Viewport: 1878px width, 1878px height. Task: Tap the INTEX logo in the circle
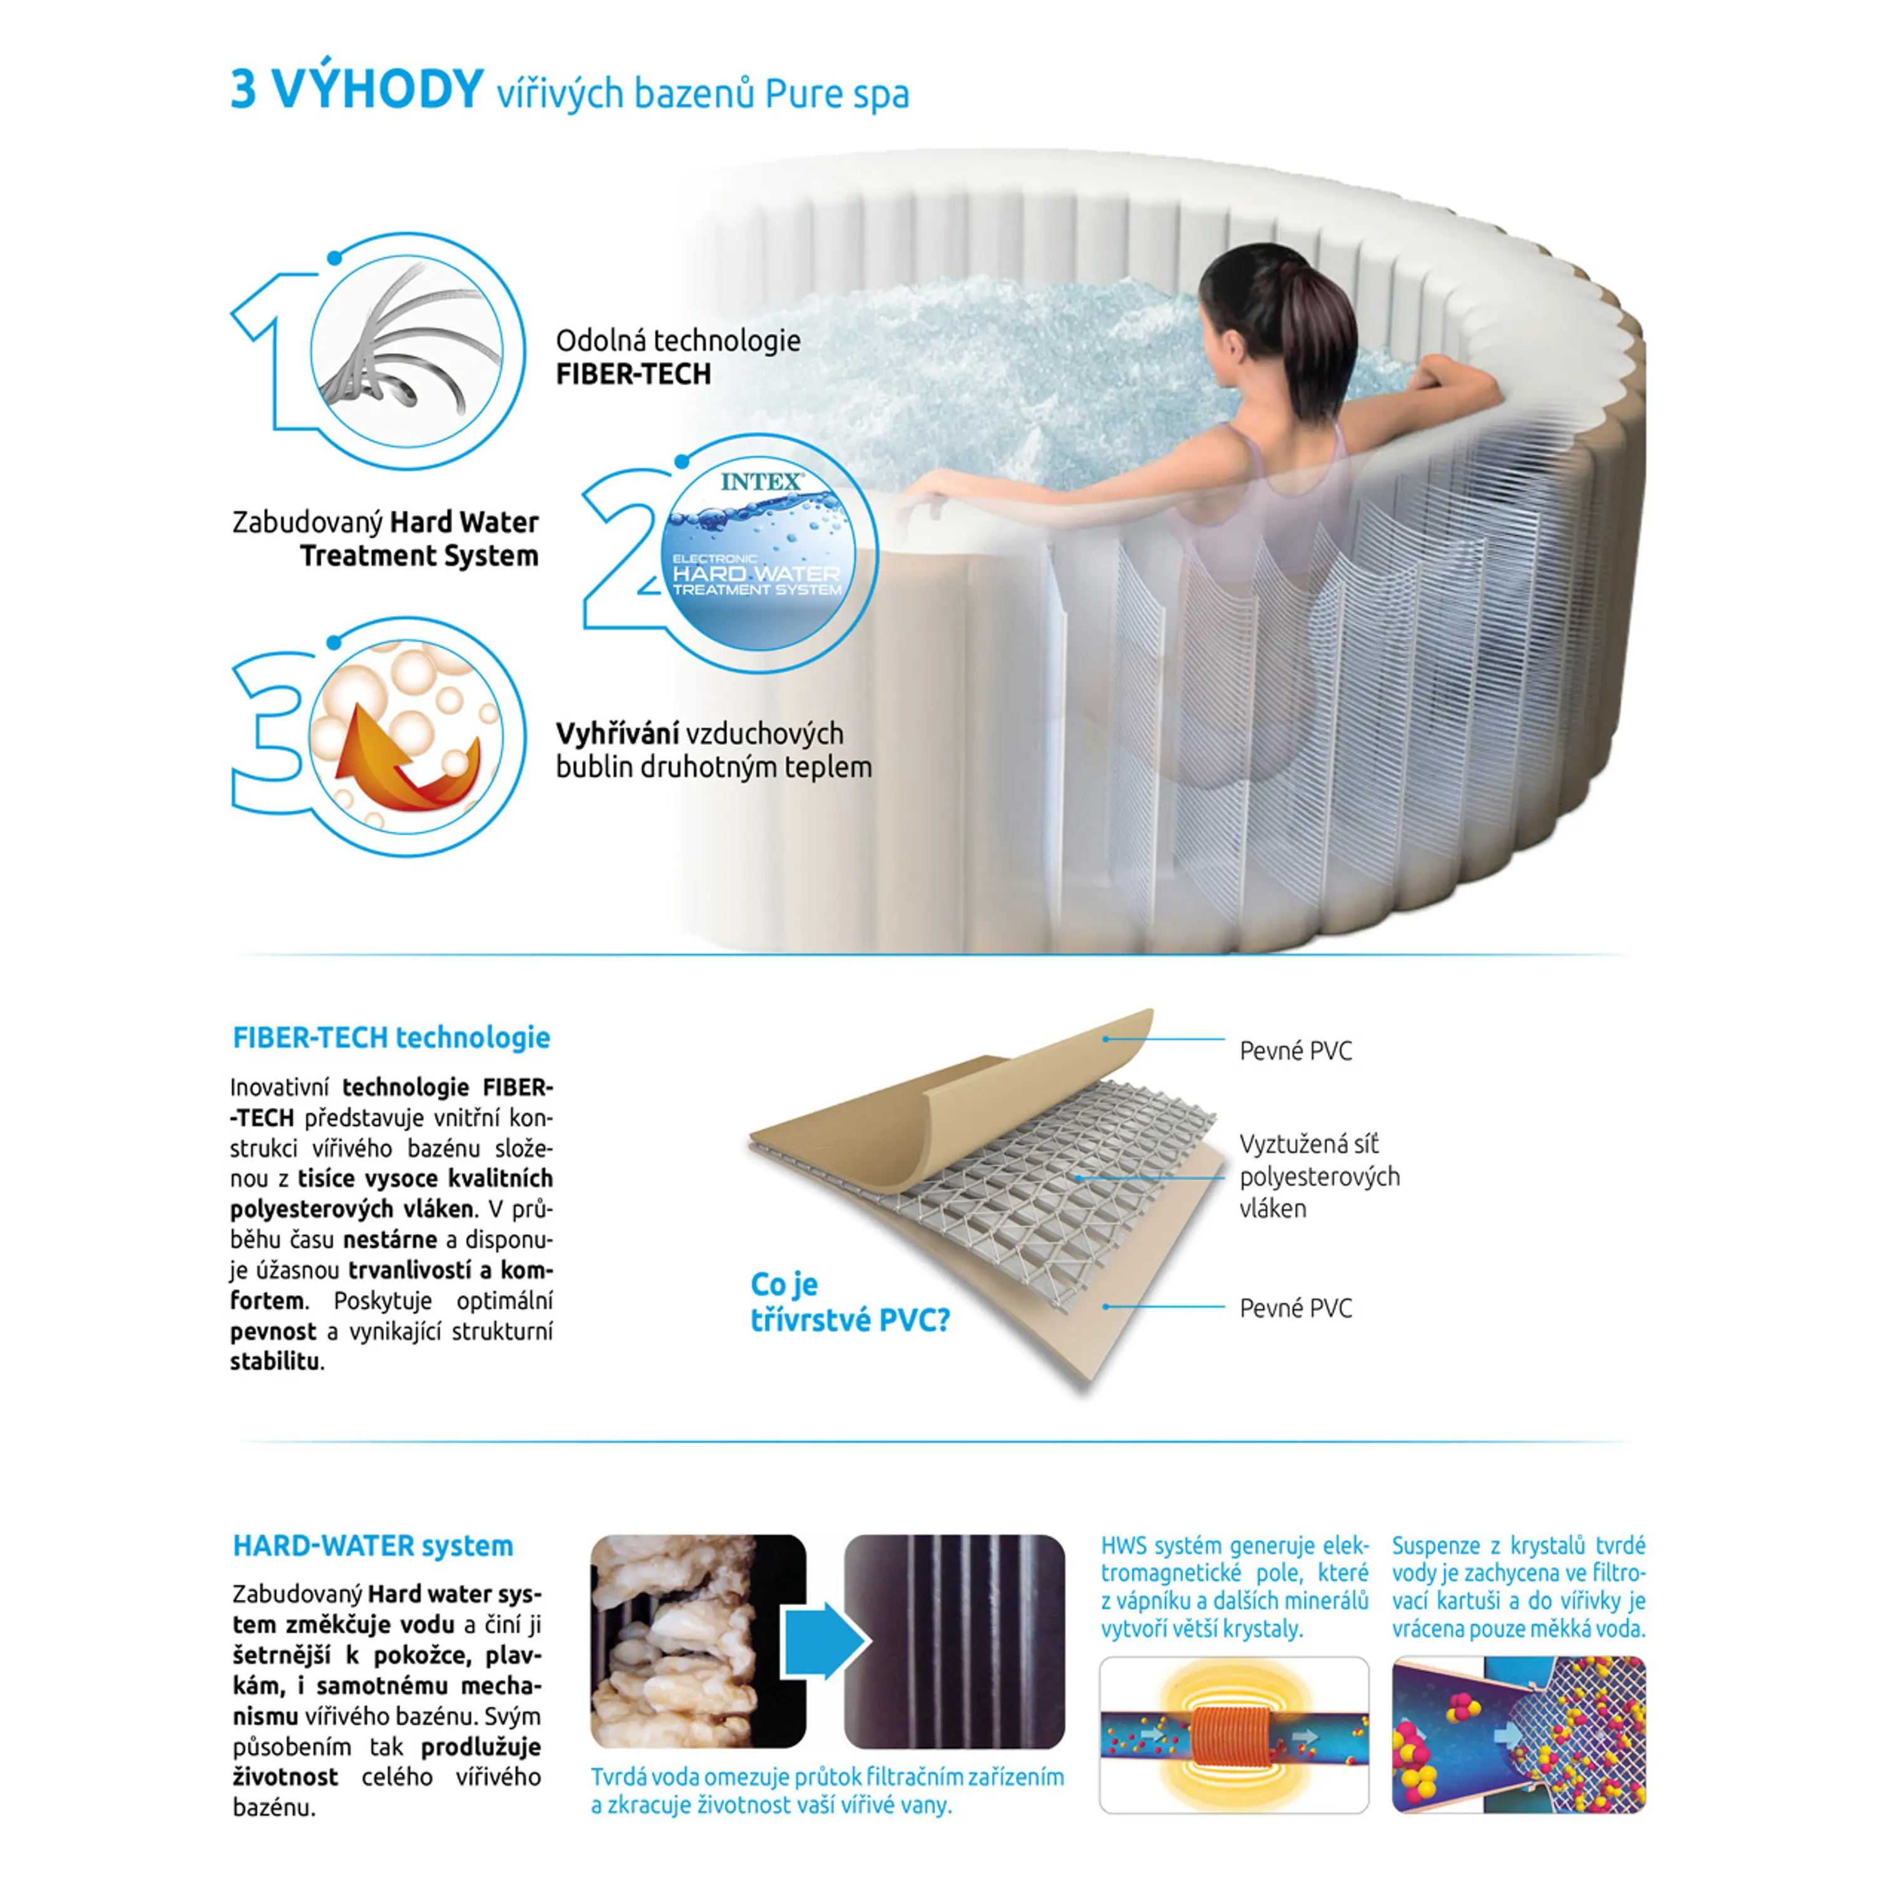pos(762,481)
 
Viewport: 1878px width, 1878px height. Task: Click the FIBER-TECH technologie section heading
pos(391,1037)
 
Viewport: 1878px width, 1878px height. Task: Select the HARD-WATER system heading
pos(372,1546)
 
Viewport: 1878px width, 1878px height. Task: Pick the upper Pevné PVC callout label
pos(1295,1051)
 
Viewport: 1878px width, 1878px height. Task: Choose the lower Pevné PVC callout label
pos(1295,1308)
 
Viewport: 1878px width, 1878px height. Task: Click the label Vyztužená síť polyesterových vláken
pos(1319,1176)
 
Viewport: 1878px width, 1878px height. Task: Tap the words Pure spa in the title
pos(837,95)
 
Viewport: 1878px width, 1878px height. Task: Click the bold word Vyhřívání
pos(617,734)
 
